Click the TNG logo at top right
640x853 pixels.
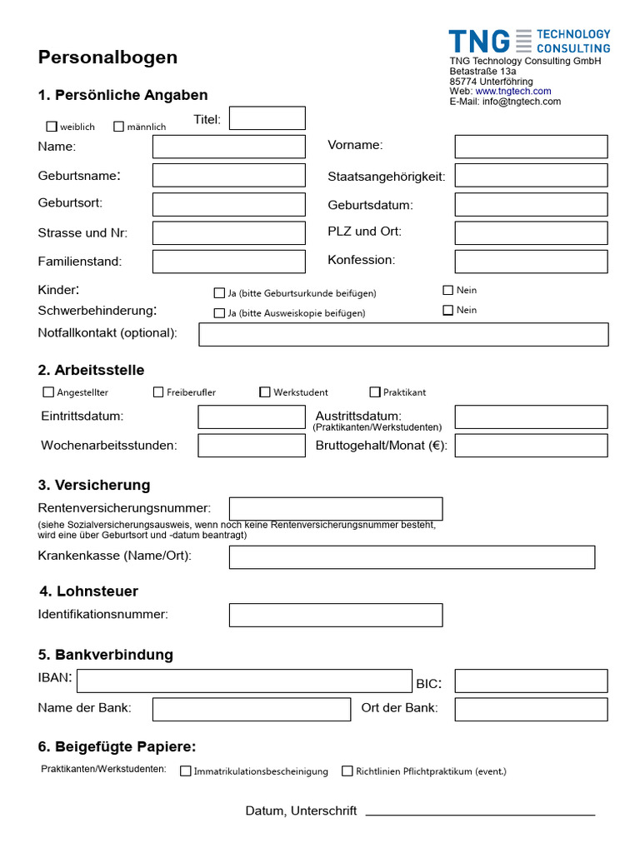tap(529, 41)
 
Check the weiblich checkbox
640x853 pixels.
tap(52, 127)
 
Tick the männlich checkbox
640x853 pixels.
tap(118, 127)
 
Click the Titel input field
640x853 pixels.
tap(267, 118)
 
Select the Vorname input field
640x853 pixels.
tap(531, 147)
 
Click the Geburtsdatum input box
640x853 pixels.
tap(531, 205)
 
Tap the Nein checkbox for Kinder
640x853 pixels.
tap(448, 290)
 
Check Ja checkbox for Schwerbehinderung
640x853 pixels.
tap(220, 313)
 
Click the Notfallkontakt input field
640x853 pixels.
tap(403, 334)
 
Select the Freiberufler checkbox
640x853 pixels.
tap(158, 392)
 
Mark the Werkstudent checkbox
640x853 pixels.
tap(265, 392)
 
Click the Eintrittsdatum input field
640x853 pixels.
tap(252, 417)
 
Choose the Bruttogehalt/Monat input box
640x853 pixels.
tap(531, 446)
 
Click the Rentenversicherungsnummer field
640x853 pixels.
tap(336, 509)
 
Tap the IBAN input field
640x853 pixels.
tap(244, 681)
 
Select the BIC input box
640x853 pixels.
tap(531, 681)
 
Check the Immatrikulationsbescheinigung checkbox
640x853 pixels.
tap(186, 771)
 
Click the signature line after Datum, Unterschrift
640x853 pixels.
tap(480, 811)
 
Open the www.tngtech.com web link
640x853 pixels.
tap(513, 92)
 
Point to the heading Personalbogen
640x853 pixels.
tap(107, 57)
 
